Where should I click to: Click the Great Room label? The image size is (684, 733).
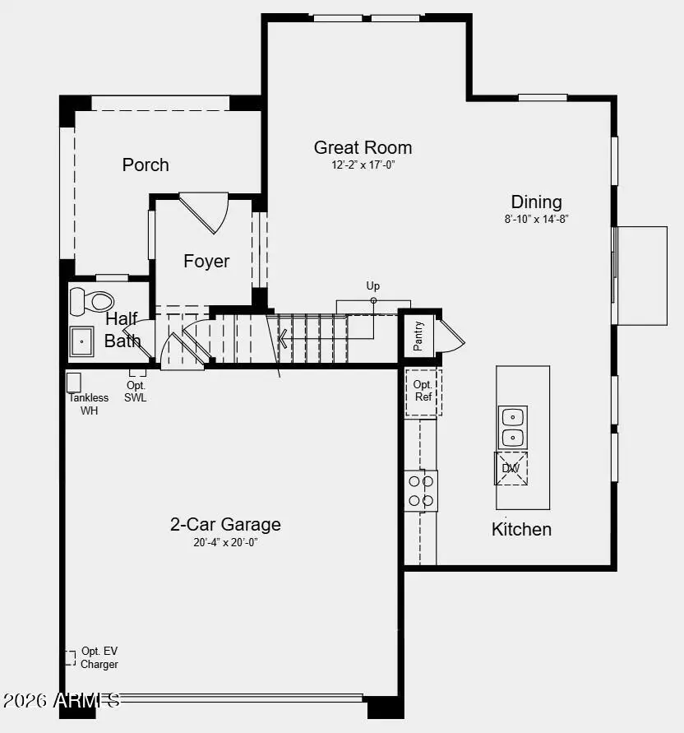coord(363,148)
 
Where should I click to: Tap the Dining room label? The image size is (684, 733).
coord(536,202)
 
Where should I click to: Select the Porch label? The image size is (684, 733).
coord(146,165)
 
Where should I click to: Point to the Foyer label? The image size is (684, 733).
coord(206,262)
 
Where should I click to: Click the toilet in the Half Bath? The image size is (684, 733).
coord(91,302)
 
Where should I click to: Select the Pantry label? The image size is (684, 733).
coord(418,336)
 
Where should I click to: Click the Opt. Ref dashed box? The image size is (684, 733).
coord(423,392)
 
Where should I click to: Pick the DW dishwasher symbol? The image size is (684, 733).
coord(511,468)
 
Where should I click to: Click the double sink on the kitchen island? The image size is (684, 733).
coord(513,427)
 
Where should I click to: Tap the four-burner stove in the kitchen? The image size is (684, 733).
coord(421,490)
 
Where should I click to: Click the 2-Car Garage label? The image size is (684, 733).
coord(225,525)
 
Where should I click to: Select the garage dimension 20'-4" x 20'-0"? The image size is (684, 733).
coord(225,542)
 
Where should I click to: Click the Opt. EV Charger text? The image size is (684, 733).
coord(99,658)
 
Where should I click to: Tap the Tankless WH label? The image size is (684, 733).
coord(89,404)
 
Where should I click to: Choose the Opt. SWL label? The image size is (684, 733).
coord(136,392)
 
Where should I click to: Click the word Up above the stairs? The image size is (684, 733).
coord(373,286)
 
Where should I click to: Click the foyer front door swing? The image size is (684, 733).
coord(206,211)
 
